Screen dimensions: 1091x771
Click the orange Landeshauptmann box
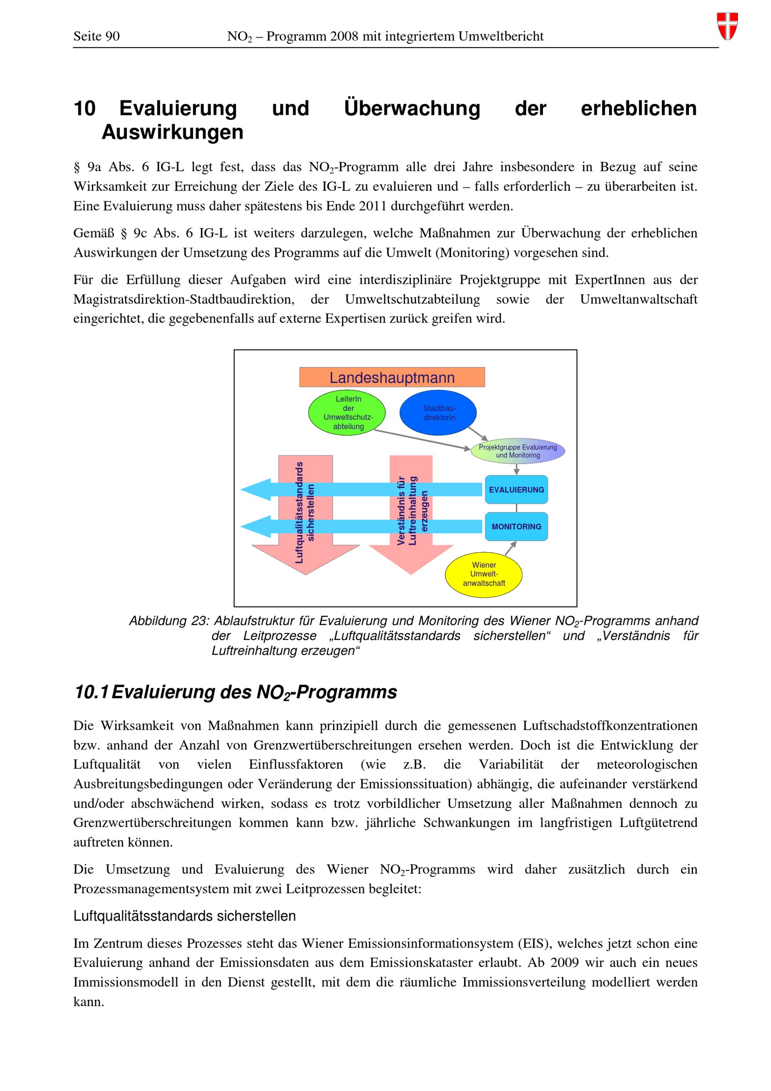[x=392, y=377]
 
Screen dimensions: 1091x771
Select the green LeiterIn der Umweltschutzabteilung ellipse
[x=347, y=412]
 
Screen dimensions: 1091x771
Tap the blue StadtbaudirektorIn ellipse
[x=438, y=412]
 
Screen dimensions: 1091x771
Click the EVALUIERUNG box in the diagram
[x=516, y=490]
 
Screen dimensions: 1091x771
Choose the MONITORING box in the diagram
[x=516, y=527]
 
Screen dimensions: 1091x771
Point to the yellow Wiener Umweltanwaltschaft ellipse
[x=483, y=574]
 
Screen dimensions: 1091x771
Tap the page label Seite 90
[x=96, y=37]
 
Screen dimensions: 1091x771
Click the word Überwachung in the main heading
[x=412, y=108]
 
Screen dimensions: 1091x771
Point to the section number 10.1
[x=92, y=692]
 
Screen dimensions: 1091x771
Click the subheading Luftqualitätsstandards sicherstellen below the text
[x=184, y=916]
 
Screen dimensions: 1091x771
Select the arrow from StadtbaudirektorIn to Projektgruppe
[x=477, y=433]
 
